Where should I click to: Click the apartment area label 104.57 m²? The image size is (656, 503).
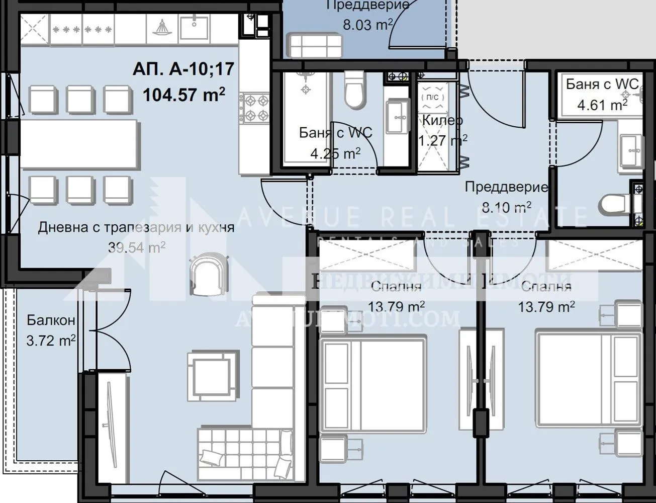coord(183,95)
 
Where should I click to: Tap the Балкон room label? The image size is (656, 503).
coord(51,320)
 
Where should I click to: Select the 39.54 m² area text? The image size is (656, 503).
coord(137,247)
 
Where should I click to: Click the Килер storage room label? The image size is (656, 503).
coord(442,120)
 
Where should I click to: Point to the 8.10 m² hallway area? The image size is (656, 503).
coord(506,207)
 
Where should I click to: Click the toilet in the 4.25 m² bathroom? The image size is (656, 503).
coord(355,90)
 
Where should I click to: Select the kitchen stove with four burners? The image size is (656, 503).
coord(255,108)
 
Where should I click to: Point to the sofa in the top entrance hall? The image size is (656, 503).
coord(315,46)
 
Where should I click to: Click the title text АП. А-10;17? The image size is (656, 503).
coord(183,68)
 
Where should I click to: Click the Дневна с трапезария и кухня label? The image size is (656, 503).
coord(136,227)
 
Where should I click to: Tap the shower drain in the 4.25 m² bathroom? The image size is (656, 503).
coord(305,89)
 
